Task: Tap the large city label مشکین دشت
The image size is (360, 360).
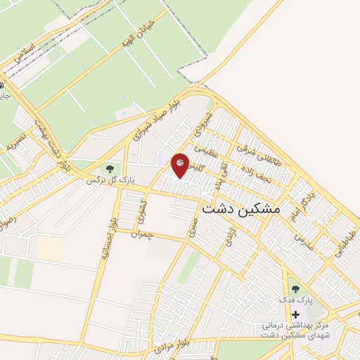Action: pos(240,209)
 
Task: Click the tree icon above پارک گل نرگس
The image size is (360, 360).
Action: pos(109,168)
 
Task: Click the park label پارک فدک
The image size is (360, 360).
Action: pos(295,300)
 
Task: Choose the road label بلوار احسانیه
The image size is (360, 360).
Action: pos(105,243)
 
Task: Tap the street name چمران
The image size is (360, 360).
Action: pos(161,236)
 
